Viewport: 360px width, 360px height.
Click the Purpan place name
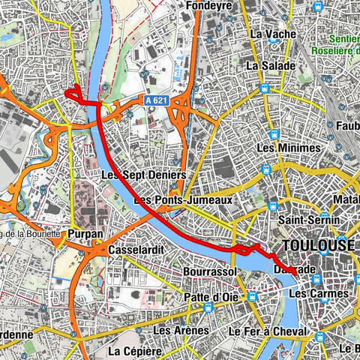pyautogui.click(x=85, y=233)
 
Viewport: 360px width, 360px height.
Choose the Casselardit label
pyautogui.click(x=136, y=249)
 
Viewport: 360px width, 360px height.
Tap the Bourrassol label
pyautogui.click(x=209, y=270)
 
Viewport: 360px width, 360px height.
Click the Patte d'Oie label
pyautogui.click(x=212, y=297)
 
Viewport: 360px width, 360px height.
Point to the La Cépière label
pyautogui.click(x=136, y=350)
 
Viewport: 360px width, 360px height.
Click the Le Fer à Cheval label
pyautogui.click(x=268, y=331)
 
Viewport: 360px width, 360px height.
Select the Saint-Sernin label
pyautogui.click(x=308, y=221)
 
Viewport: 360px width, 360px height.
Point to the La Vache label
pyautogui.click(x=268, y=34)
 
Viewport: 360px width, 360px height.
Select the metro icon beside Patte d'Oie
pyautogui.click(x=252, y=296)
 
